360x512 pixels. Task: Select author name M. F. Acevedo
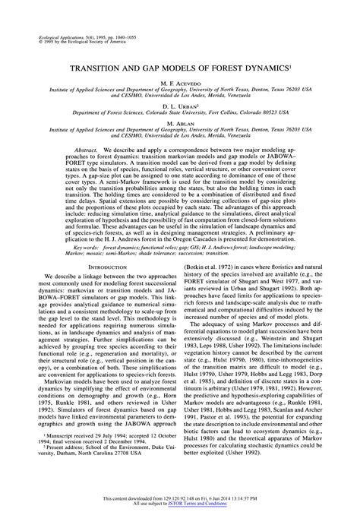179,81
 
